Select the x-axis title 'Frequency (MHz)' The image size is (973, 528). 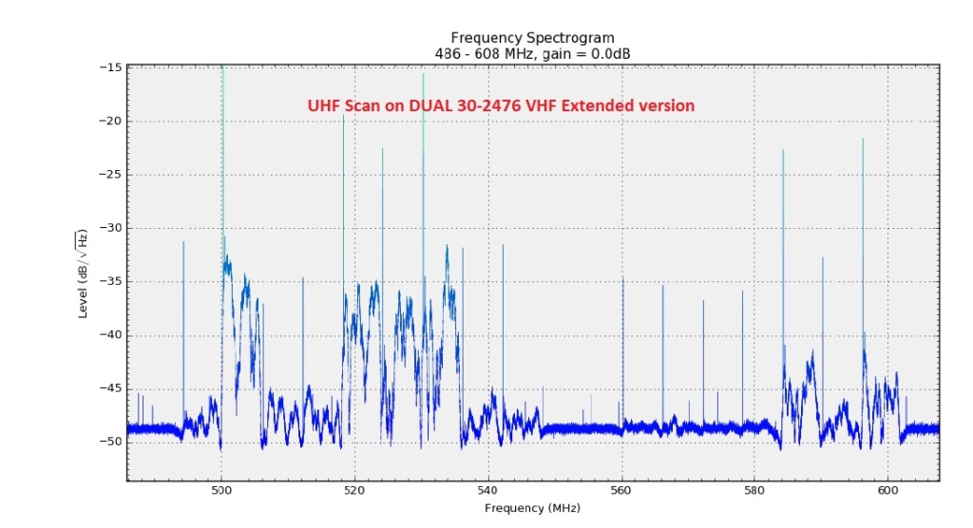coord(532,508)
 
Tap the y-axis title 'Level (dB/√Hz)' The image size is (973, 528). coord(83,273)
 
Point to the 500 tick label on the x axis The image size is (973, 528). coord(221,490)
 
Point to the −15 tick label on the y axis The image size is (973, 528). coord(108,67)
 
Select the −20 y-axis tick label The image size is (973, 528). coord(108,121)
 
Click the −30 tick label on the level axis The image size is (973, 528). coord(108,228)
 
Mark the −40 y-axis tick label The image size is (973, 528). coord(108,335)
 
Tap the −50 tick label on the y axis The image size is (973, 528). coord(108,442)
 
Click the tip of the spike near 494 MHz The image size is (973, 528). coord(183,241)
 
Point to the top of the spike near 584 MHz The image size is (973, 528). coord(783,150)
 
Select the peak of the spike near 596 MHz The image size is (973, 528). coord(863,139)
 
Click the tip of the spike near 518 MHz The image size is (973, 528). coord(343,116)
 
